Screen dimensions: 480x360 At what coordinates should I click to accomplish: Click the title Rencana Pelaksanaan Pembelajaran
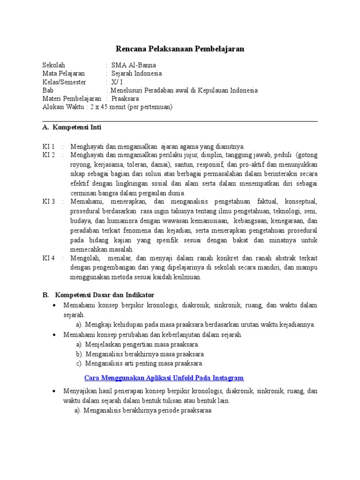[180, 49]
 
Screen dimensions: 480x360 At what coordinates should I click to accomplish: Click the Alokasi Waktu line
[107, 107]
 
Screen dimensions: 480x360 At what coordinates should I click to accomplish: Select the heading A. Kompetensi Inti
[72, 127]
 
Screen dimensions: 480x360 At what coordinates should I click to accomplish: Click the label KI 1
[49, 146]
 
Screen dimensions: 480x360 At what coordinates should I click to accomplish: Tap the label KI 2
[49, 155]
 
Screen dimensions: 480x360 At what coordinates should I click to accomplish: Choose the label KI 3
[49, 202]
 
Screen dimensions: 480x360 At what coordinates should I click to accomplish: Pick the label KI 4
[49, 258]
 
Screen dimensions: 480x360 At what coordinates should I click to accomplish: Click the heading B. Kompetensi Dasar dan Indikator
[98, 295]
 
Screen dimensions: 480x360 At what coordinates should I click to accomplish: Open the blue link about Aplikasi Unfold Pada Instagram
[164, 378]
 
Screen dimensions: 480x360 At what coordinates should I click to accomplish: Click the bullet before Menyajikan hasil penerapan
[54, 391]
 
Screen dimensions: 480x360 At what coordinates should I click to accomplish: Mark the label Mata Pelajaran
[63, 74]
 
